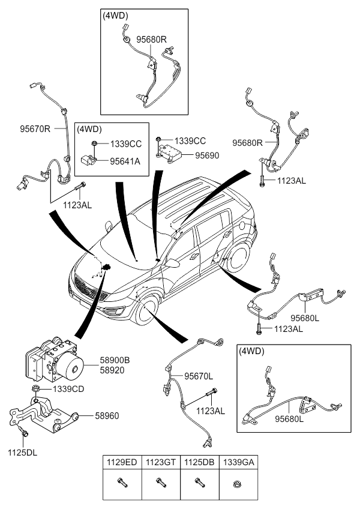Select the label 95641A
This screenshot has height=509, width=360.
125,161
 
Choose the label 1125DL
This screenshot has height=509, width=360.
21,452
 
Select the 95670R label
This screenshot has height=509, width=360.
35,128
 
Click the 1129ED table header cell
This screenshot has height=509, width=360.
122,462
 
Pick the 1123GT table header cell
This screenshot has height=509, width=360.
160,462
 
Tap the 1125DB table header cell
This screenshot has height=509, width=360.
199,462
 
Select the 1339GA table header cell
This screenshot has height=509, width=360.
237,462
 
